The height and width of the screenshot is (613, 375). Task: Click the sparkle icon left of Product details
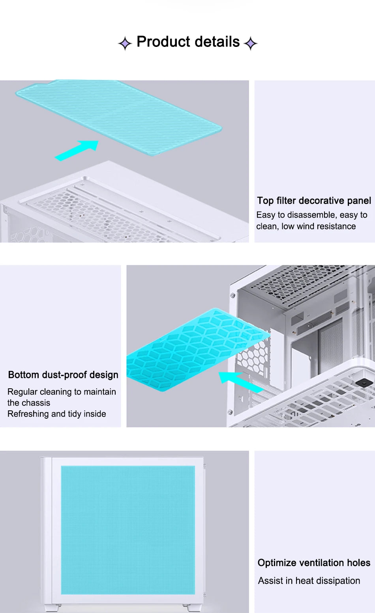[x=125, y=43]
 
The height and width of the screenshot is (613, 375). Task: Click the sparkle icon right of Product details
[x=251, y=43]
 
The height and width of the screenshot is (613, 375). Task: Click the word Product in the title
[x=163, y=42]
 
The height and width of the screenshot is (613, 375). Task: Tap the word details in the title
[x=217, y=42]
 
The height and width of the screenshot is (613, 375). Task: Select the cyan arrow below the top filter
[x=77, y=150]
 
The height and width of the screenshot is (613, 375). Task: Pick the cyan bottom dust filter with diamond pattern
[x=198, y=350]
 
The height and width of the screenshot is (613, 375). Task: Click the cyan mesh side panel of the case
[x=128, y=530]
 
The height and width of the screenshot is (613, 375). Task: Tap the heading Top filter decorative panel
[x=314, y=201]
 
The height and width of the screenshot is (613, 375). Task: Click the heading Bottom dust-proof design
[x=63, y=375]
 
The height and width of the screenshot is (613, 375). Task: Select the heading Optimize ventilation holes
[x=314, y=563]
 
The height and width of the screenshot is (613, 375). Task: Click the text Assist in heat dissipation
[x=309, y=580]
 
